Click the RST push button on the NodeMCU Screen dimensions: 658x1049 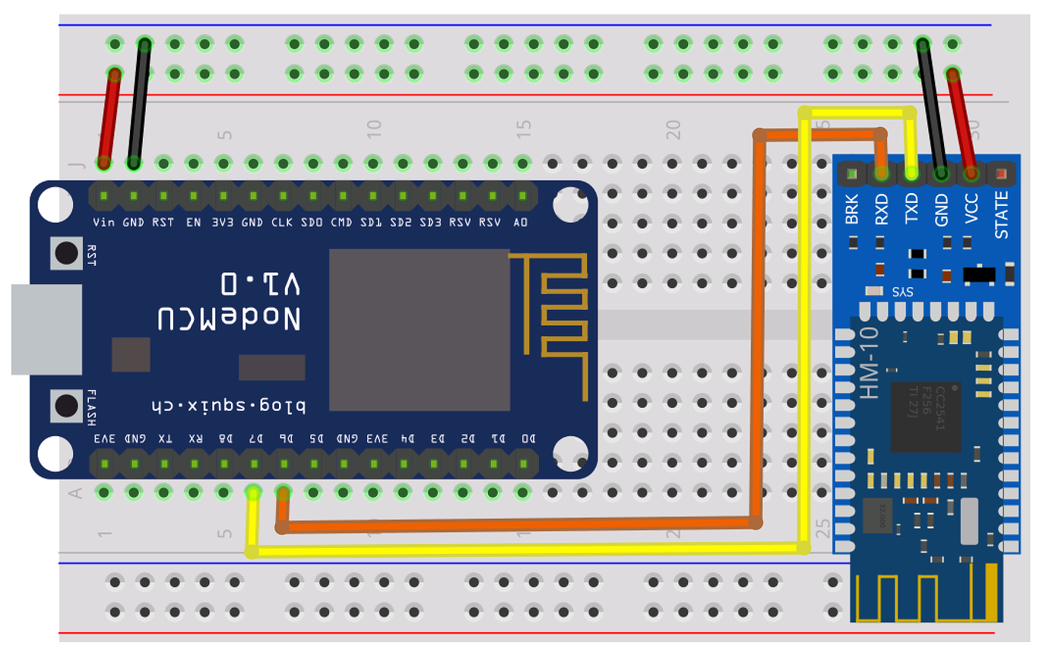pyautogui.click(x=67, y=253)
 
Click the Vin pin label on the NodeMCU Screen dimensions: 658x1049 pyautogui.click(x=103, y=223)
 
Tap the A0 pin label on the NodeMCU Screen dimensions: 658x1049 pyautogui.click(x=521, y=223)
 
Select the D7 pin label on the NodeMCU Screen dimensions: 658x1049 pyautogui.click(x=256, y=438)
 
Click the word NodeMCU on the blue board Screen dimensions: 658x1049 pyautogui.click(x=229, y=318)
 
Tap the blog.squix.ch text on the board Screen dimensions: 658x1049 pyautogui.click(x=226, y=406)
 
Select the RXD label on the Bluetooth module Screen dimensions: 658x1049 pyautogui.click(x=882, y=208)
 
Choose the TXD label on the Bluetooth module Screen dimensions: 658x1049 pyautogui.click(x=911, y=208)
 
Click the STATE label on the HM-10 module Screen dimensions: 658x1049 pyautogui.click(x=1002, y=215)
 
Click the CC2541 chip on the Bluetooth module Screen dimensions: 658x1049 pyautogui.click(x=926, y=407)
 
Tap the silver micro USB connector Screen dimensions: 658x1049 pyautogui.click(x=46, y=329)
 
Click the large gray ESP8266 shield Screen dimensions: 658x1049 pyautogui.click(x=419, y=329)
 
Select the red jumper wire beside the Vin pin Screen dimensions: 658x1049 pyautogui.click(x=109, y=118)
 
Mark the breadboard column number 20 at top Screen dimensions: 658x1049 pyautogui.click(x=672, y=129)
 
